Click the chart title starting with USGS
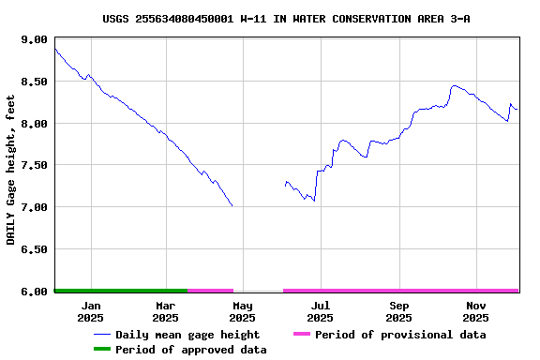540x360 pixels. tap(286, 19)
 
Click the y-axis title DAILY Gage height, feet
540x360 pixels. tap(11, 170)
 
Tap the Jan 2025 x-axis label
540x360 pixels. tap(91, 310)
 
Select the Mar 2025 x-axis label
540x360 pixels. tap(165, 310)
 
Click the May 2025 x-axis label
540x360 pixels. tap(243, 310)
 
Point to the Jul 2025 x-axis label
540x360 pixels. tap(320, 310)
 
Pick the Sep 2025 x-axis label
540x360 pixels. tap(398, 310)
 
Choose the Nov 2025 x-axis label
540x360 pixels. tap(476, 310)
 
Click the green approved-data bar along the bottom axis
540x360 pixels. tap(121, 291)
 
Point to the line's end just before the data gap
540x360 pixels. tap(232, 205)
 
